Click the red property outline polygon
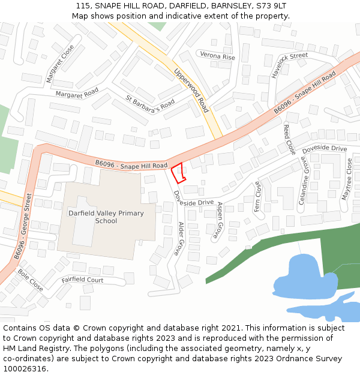tap(178, 173)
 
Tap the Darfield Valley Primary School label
tap(106, 217)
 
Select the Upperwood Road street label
tap(191, 91)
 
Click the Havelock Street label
tap(289, 65)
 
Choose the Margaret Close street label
tap(61, 63)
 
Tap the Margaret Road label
tap(77, 93)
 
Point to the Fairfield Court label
tap(82, 280)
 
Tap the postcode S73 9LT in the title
tap(270, 5)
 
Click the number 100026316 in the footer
tap(25, 369)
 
